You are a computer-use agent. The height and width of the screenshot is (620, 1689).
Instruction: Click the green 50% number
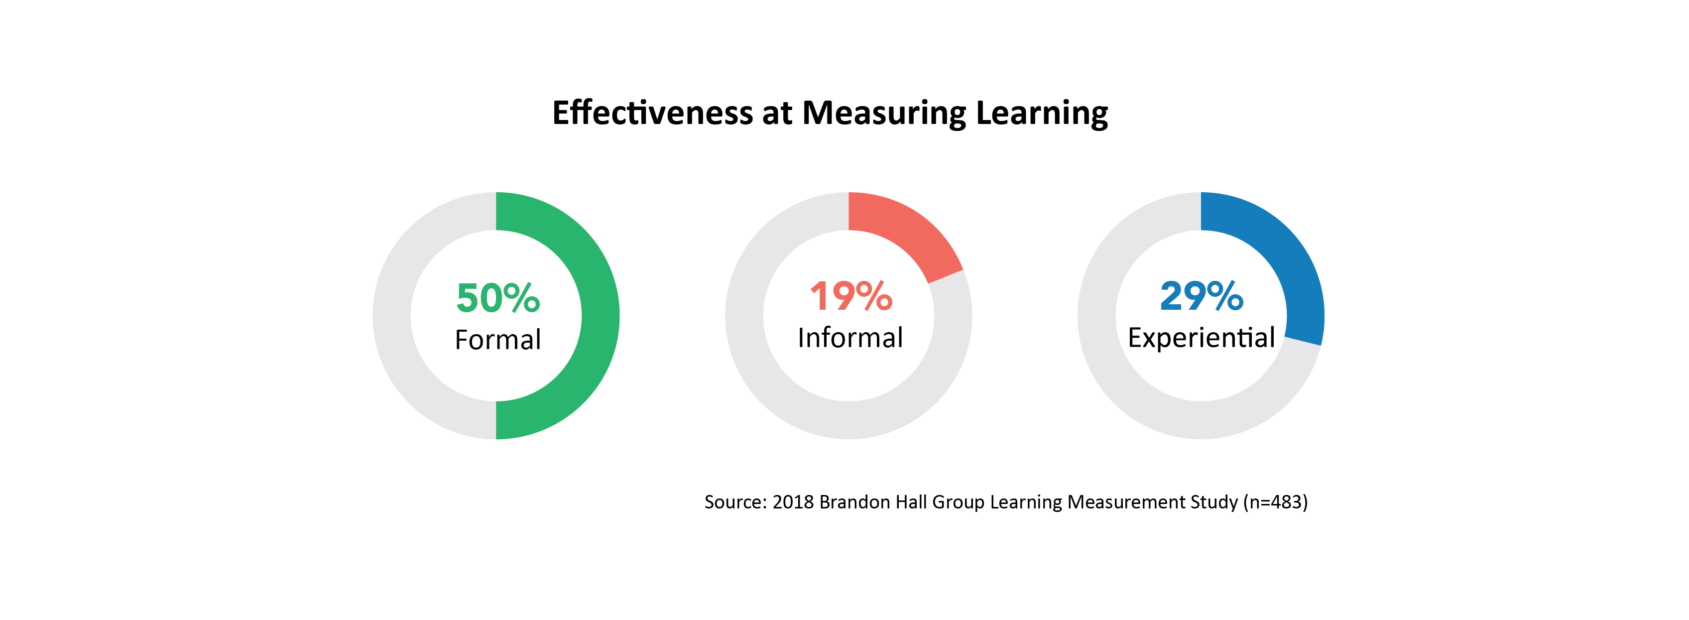(x=497, y=298)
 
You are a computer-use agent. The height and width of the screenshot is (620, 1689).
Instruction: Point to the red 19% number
(x=850, y=296)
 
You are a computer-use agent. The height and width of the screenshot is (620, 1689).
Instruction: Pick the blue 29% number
(x=1201, y=296)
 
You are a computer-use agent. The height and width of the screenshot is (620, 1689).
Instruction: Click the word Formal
(x=497, y=340)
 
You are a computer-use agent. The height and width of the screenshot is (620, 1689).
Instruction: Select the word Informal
(x=850, y=338)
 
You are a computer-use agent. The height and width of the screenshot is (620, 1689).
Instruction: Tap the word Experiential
(x=1201, y=338)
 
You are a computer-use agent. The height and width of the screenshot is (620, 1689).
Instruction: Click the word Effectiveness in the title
(x=652, y=113)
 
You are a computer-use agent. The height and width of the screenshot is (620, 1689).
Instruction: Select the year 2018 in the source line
(x=793, y=502)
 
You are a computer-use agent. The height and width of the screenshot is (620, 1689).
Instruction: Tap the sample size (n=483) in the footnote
(x=1275, y=502)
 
